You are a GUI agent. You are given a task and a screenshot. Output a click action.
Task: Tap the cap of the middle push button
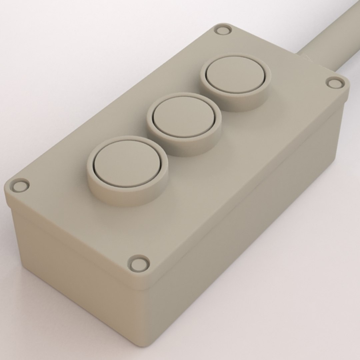[x=183, y=116]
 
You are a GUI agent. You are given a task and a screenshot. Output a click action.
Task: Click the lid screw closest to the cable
[x=335, y=82]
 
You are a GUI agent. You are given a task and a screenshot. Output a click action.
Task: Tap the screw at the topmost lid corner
[x=223, y=30]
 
